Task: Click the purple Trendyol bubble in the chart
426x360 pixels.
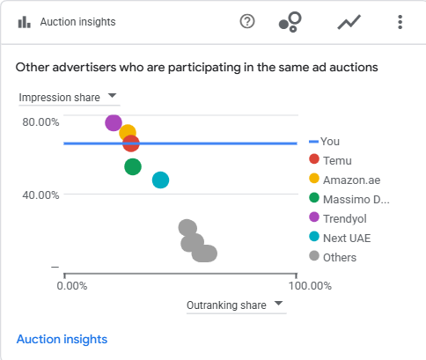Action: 114,123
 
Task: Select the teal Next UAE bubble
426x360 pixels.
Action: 160,180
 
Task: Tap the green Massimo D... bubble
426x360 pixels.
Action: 133,166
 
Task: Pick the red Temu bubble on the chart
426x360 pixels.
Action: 131,143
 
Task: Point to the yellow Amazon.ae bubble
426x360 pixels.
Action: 127,131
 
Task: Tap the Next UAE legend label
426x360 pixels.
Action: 347,238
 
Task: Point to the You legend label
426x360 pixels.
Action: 330,142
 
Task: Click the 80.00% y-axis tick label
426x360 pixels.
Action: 40,122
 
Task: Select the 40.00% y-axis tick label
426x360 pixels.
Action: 40,195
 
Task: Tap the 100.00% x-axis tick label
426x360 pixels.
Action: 310,286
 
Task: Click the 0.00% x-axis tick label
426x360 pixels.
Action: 72,286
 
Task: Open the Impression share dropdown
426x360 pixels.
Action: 69,98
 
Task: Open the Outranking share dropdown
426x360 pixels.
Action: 236,305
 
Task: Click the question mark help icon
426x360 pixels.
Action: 247,21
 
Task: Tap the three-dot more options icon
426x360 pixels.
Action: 400,22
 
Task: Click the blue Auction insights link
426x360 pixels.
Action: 62,339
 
